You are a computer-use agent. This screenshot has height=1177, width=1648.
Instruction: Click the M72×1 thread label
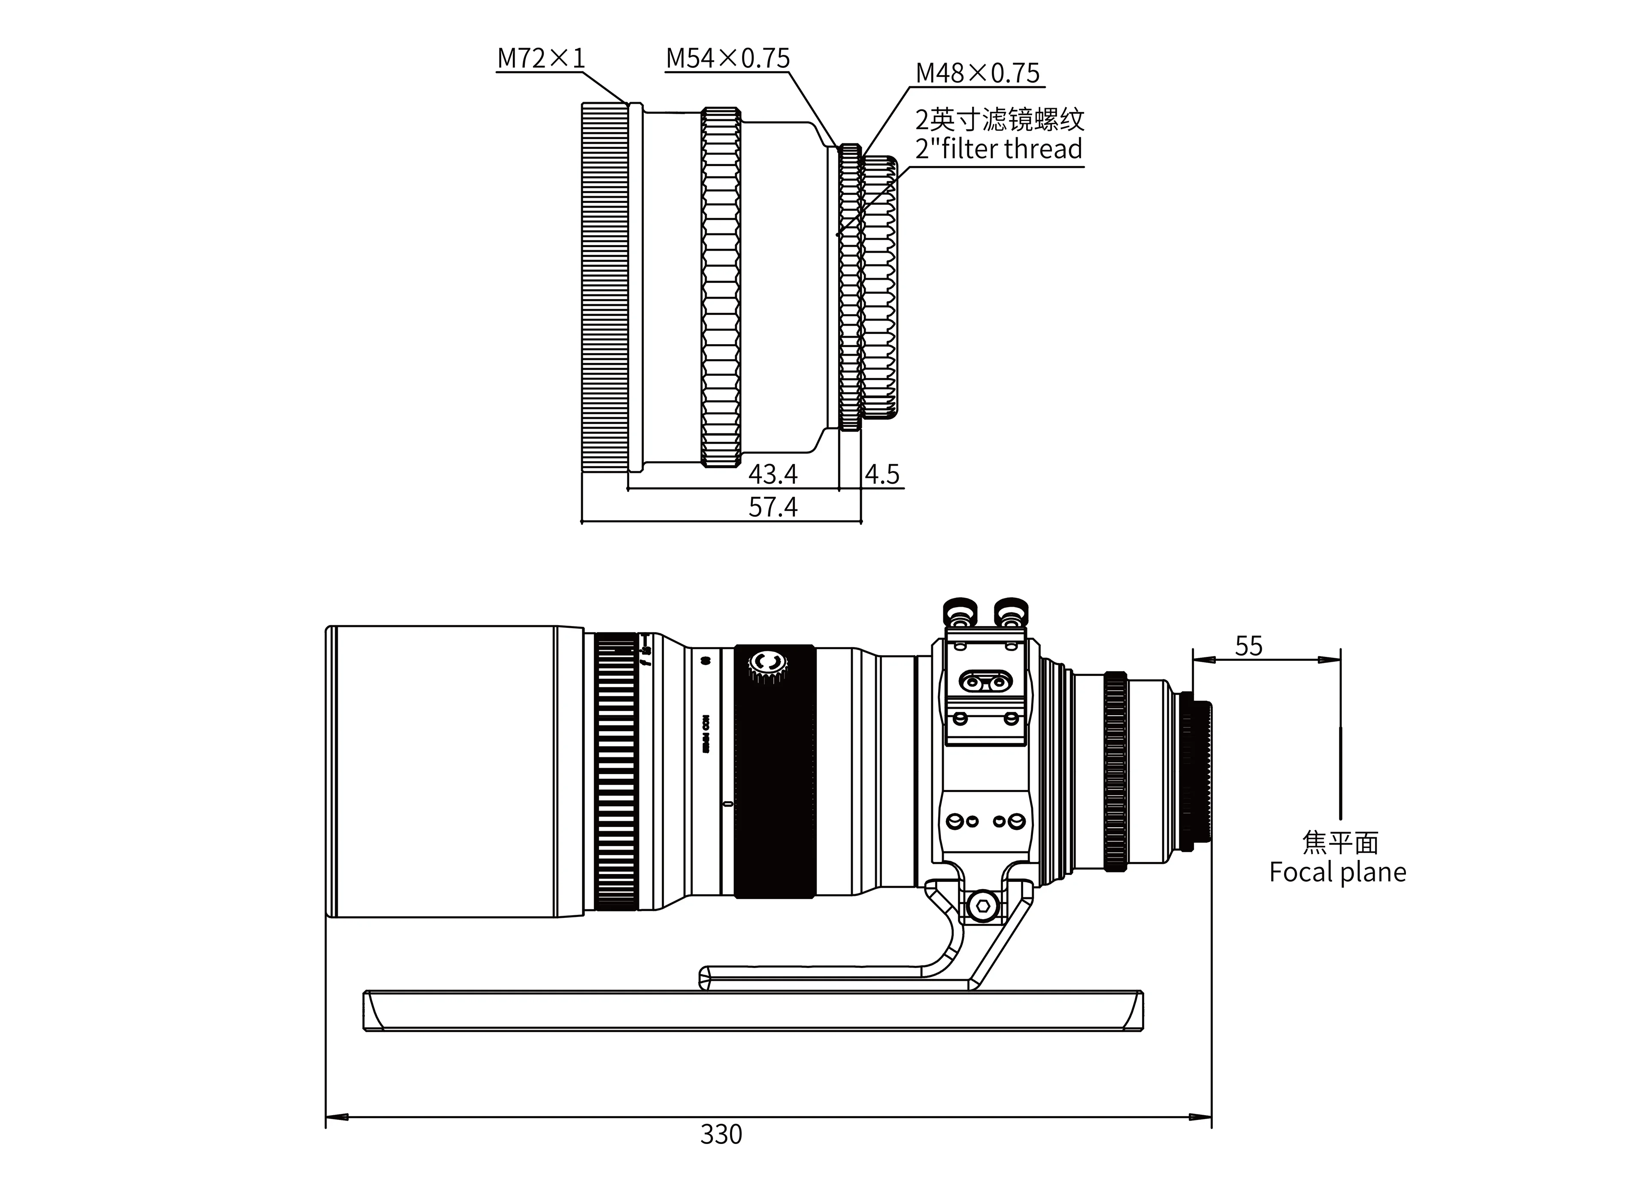tap(541, 58)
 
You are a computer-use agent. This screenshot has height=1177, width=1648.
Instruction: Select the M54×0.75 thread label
tap(727, 58)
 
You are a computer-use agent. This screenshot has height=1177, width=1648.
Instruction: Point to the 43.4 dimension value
tap(772, 474)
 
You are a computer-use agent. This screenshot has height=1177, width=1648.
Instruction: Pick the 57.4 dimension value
tap(772, 507)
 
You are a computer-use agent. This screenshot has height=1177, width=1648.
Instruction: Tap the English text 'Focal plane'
tap(1337, 872)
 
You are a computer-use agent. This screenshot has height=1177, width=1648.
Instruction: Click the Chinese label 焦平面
tap(1339, 842)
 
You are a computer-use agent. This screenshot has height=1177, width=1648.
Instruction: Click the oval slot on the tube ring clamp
tap(985, 681)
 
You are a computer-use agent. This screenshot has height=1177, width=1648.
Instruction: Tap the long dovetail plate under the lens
tap(752, 1011)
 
